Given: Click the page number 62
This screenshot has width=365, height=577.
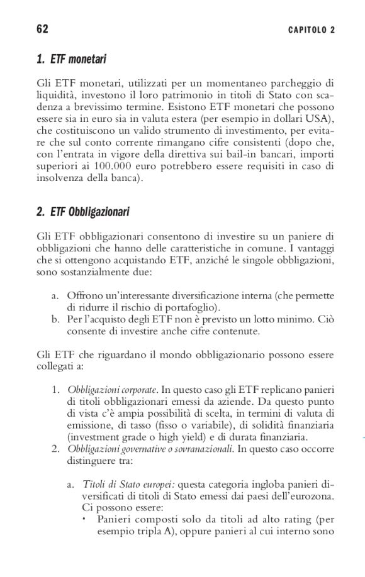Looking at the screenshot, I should point(43,30).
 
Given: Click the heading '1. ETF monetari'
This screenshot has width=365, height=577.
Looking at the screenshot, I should point(71,60).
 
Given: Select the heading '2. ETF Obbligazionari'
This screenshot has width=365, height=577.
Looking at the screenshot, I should point(83,212).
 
